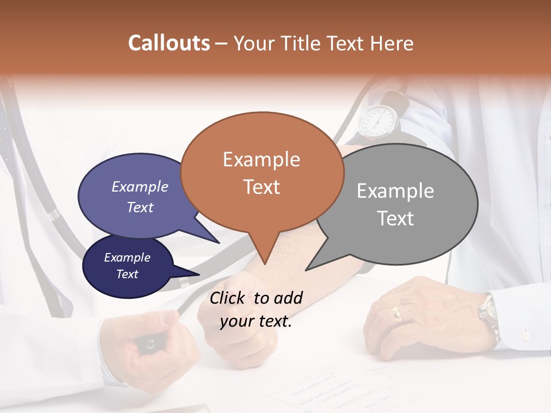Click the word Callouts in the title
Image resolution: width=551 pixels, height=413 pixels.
point(169,43)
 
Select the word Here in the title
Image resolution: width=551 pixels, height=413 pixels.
point(392,43)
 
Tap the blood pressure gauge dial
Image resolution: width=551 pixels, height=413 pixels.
point(378,120)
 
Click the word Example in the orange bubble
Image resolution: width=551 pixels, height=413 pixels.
point(261,159)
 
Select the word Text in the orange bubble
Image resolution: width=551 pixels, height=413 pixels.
point(262,187)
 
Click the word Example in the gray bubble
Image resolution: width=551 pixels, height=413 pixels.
point(395,191)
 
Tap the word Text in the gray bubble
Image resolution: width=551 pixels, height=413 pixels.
point(395,219)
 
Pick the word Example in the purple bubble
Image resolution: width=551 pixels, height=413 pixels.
point(139,186)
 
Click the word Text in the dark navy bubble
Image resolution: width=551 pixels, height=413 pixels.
point(127,274)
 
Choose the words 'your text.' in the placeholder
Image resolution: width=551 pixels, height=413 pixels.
point(256,322)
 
